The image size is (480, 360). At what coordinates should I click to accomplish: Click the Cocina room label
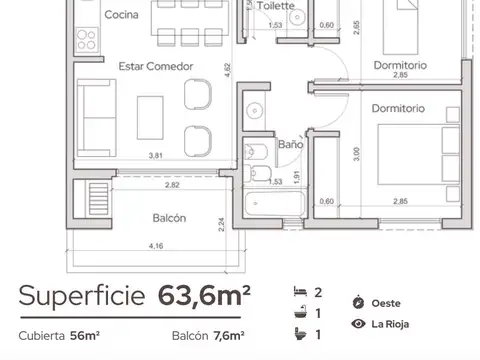[x=121, y=15]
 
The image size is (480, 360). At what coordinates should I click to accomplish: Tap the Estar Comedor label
[x=155, y=66]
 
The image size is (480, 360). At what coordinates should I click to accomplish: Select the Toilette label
[x=276, y=5]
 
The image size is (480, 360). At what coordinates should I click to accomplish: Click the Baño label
[x=290, y=145]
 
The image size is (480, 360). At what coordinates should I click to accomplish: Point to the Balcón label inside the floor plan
[x=169, y=218]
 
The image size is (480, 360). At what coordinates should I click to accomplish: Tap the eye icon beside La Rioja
[x=358, y=323]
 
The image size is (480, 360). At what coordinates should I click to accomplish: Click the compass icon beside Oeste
[x=358, y=302]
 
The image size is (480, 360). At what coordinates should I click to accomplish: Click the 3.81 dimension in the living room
[x=156, y=155]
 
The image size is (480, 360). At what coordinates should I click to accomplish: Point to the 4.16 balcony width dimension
[x=155, y=245]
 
